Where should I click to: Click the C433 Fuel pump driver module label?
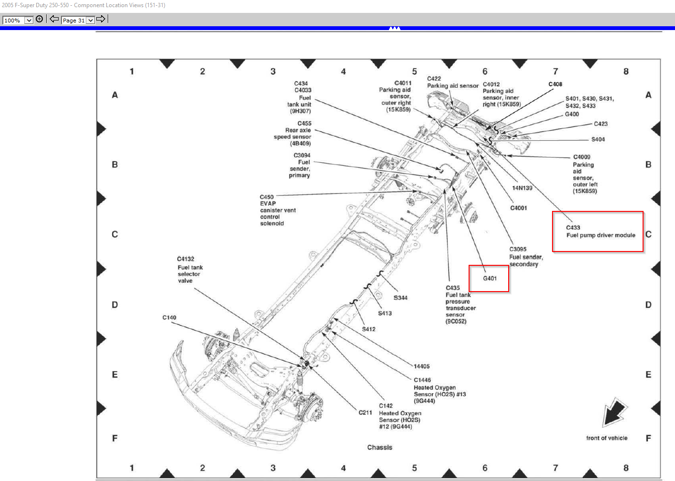(x=600, y=231)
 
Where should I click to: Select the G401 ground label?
(x=490, y=278)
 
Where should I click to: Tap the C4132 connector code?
(x=185, y=259)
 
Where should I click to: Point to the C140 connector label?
(x=169, y=317)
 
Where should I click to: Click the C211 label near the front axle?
(x=365, y=412)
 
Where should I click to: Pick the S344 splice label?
(x=400, y=298)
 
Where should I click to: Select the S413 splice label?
(x=385, y=314)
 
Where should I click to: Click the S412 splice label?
(x=368, y=329)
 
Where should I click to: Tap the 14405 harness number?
(x=421, y=366)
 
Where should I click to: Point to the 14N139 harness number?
(x=522, y=188)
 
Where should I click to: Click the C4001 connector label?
(x=519, y=208)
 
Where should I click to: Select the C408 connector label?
(x=555, y=84)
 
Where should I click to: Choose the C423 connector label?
(x=601, y=124)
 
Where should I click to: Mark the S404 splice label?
(x=598, y=139)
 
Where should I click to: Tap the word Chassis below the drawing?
(x=379, y=447)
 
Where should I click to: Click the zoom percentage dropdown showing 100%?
(x=18, y=20)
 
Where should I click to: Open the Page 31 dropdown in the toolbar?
(x=78, y=20)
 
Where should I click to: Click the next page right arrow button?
(x=101, y=19)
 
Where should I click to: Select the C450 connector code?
(x=266, y=197)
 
